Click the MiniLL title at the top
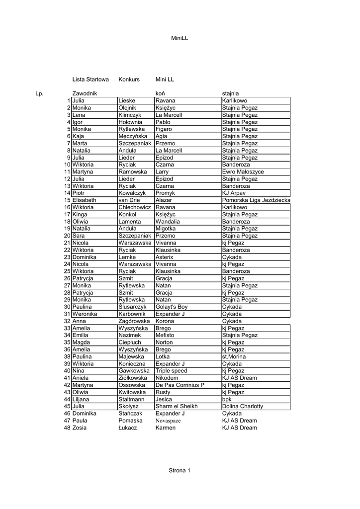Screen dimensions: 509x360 [180, 38]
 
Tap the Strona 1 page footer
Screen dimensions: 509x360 [180, 470]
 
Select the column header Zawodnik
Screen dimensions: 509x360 [85, 93]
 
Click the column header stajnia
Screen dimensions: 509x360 [230, 93]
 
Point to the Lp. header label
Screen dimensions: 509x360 [39, 93]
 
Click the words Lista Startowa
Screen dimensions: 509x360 [90, 80]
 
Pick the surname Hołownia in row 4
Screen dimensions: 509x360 [130, 122]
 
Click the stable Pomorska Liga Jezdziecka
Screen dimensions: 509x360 [256, 200]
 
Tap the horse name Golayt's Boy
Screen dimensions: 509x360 [172, 307]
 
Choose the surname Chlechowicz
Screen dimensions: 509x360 [135, 207]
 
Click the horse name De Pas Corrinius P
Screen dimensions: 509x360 [180, 385]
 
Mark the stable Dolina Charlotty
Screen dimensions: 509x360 [243, 406]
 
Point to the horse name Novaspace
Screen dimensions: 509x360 [168, 421]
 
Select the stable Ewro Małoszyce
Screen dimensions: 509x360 [243, 171]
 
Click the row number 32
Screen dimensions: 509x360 [67, 321]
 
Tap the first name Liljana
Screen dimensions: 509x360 [83, 399]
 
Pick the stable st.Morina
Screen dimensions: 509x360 [234, 356]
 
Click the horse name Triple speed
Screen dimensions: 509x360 [171, 371]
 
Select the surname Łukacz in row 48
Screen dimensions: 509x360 [128, 427]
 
